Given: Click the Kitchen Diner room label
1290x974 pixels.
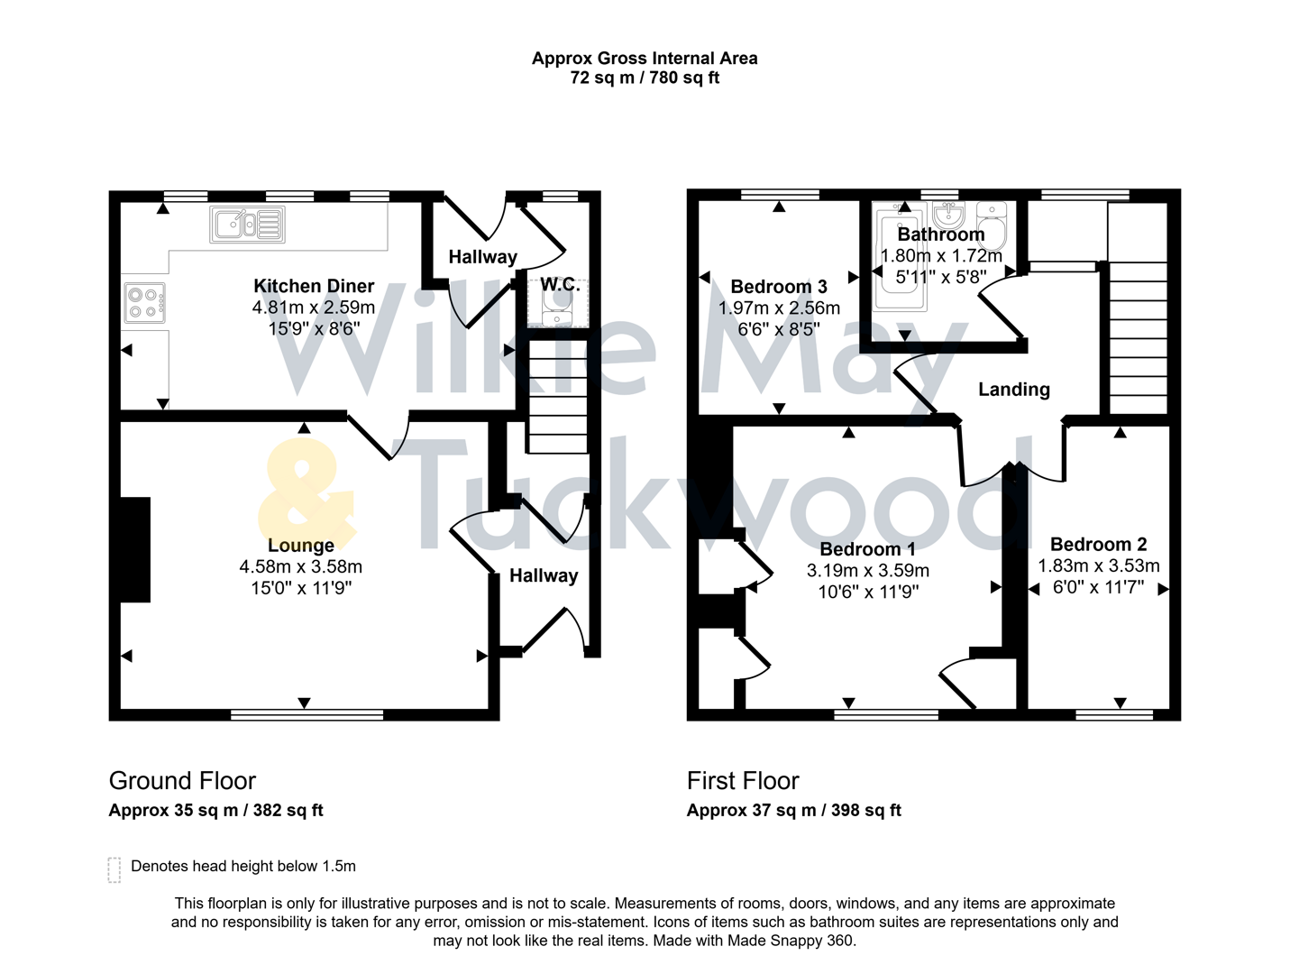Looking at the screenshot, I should coord(313,286).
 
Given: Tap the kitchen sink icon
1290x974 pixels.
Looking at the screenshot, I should coord(248,225).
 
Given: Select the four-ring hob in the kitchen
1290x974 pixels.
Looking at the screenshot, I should coord(144,303).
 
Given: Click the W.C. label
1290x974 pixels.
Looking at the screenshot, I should coord(559,284).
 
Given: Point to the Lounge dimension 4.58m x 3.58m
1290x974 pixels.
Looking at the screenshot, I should coord(300,566).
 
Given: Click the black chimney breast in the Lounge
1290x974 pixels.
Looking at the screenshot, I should coord(135,548).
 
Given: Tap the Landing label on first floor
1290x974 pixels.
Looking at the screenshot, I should coord(1014,390).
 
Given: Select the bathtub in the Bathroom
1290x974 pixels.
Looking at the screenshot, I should coord(901,257).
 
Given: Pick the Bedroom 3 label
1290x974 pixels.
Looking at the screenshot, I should coord(778,287).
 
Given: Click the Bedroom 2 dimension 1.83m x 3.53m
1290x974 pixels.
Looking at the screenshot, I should coord(1098,565).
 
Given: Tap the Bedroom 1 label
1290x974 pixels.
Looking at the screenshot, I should coord(867,549).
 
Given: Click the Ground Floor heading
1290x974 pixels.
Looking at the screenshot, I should coord(182,780).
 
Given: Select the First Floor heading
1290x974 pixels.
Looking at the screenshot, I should coord(743,780).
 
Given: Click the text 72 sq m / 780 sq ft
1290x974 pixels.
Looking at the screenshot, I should coord(645,78).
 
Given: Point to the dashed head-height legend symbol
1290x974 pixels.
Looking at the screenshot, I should coord(114,869).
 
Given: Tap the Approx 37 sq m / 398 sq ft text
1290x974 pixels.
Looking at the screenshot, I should coord(793,810).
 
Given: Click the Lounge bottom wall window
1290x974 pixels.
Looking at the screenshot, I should coord(307,715).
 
